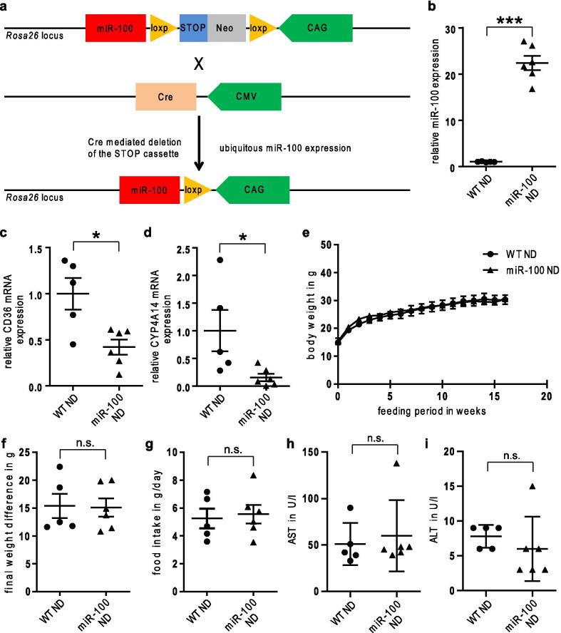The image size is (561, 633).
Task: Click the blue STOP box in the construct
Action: point(193,28)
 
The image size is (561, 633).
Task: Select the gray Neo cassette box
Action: point(227,28)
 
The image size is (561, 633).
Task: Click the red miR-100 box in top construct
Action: point(115,28)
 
